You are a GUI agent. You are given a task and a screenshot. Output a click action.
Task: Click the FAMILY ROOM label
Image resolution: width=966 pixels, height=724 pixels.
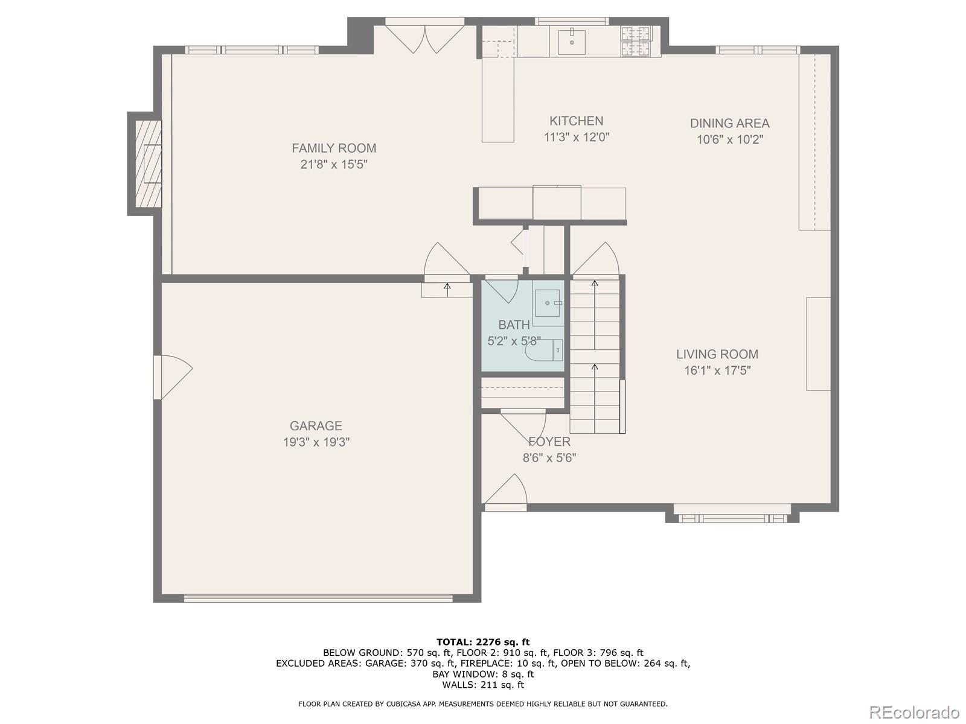pos(334,148)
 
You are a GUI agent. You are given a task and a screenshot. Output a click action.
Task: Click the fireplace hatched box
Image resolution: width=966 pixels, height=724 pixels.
pos(148,164)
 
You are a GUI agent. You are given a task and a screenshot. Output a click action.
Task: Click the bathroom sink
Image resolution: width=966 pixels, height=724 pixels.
pos(548,303)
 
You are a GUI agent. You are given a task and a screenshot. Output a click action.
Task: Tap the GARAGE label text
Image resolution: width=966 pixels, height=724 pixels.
pos(316,426)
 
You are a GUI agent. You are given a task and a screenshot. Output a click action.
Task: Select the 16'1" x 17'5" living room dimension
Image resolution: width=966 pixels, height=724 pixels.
pos(717,370)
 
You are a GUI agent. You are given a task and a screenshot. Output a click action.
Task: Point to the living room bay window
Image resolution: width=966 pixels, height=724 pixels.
pos(732,517)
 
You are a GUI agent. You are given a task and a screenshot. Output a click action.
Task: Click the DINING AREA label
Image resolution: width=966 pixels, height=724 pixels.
pos(729,123)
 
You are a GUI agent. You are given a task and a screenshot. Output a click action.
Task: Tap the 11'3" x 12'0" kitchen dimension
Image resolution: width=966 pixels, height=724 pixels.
pos(577,137)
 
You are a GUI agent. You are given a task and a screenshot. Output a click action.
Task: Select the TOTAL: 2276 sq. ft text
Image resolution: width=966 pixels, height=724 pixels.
pos(483,642)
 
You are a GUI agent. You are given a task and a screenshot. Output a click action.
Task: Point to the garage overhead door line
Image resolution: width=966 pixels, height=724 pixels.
pos(318,598)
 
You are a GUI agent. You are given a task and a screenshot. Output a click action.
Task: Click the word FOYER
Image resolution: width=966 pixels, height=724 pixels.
pos(549,442)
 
